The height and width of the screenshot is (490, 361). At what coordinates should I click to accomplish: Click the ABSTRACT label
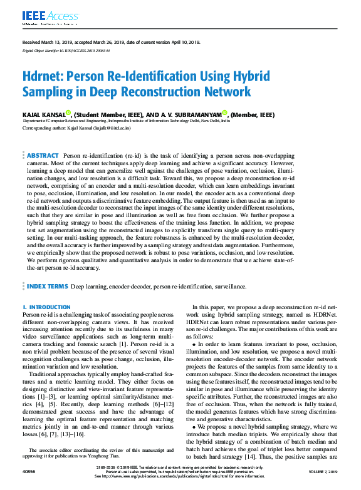point(43,155)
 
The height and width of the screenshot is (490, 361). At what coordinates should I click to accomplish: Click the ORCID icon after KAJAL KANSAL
point(68,113)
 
